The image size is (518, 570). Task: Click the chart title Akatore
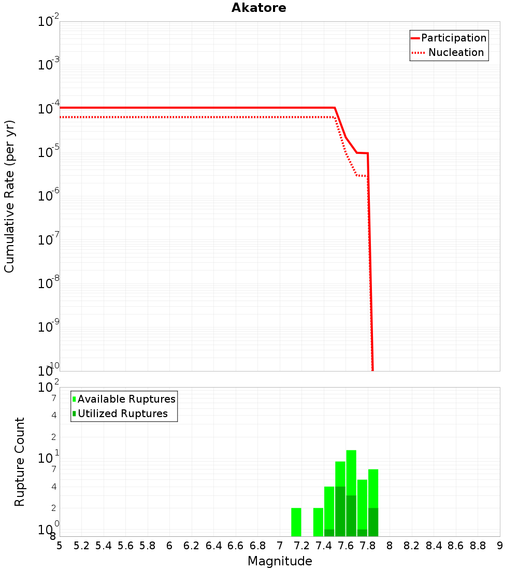[x=258, y=8]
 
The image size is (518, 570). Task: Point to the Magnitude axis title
[x=280, y=561]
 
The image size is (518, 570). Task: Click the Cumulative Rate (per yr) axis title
[x=9, y=196]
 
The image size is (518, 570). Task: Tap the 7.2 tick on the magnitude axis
[x=301, y=546]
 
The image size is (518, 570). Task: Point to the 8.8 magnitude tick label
[x=478, y=546]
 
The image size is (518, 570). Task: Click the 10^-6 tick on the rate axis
[x=49, y=196]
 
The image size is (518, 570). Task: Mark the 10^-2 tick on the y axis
[x=49, y=22]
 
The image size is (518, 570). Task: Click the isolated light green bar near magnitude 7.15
[x=296, y=522]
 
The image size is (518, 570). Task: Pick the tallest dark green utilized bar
[x=340, y=511]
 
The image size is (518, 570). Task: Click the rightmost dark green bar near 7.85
[x=373, y=522]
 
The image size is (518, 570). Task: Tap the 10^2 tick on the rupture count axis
[x=49, y=388]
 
